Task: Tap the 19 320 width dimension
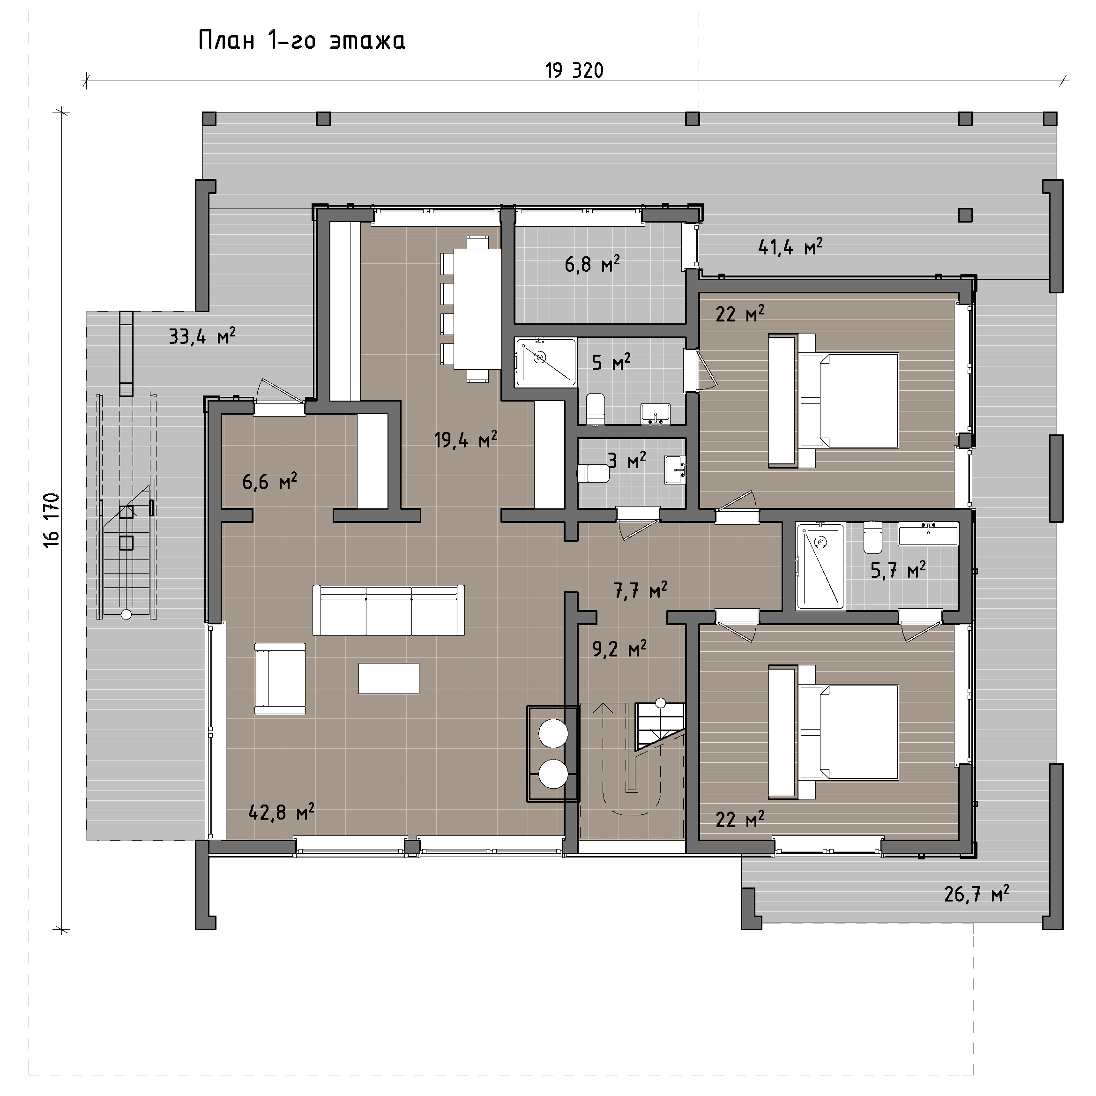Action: point(574,70)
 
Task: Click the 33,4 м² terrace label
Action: point(202,336)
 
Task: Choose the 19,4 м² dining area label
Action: point(466,439)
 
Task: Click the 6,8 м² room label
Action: point(592,264)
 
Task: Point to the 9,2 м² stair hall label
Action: point(619,649)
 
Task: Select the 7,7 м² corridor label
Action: point(640,590)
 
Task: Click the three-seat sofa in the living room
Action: point(388,611)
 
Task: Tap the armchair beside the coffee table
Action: point(280,678)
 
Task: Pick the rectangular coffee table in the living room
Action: point(389,678)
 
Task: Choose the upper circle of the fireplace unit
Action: point(553,734)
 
